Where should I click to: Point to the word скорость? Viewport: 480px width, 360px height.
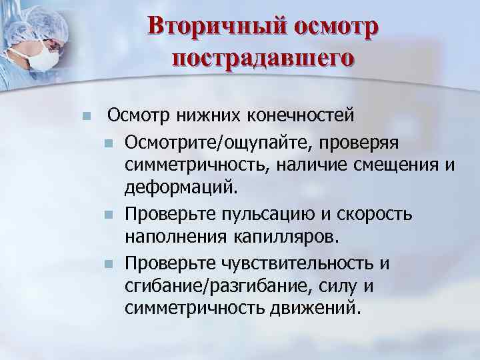pos(380,214)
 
